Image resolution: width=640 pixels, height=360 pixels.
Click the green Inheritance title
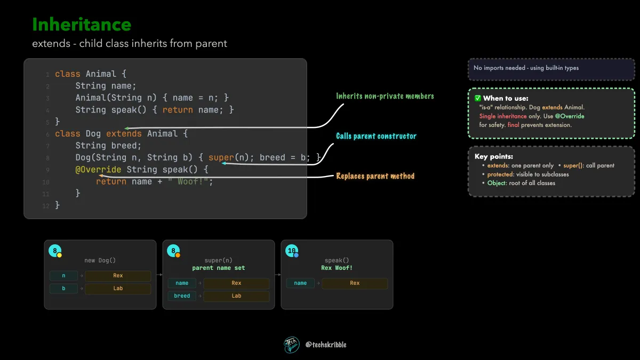(x=82, y=25)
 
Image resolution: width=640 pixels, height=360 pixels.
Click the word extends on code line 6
(x=124, y=134)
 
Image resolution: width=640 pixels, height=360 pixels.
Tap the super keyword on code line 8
(x=221, y=157)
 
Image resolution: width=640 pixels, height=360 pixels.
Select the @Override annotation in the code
(x=98, y=170)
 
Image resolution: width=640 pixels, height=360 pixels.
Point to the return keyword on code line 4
(x=178, y=110)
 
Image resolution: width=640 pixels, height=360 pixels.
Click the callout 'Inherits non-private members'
(x=385, y=96)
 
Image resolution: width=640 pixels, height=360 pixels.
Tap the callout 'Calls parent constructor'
(x=376, y=136)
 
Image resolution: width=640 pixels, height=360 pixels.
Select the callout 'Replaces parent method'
(x=375, y=176)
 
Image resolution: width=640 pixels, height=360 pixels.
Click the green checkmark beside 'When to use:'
(x=478, y=98)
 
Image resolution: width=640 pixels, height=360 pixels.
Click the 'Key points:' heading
(x=494, y=157)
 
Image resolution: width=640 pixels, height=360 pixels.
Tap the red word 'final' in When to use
(x=514, y=125)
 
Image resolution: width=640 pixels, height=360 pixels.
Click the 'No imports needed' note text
(x=526, y=68)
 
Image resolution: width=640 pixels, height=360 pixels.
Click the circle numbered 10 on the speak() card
(x=292, y=251)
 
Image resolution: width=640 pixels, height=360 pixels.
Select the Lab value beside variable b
(x=118, y=289)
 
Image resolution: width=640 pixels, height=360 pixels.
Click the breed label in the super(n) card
(x=182, y=295)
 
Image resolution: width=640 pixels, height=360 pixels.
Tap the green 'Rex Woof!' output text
(x=337, y=268)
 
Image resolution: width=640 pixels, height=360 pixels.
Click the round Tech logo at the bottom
(x=292, y=345)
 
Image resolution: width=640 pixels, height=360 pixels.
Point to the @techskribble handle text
(x=326, y=345)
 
